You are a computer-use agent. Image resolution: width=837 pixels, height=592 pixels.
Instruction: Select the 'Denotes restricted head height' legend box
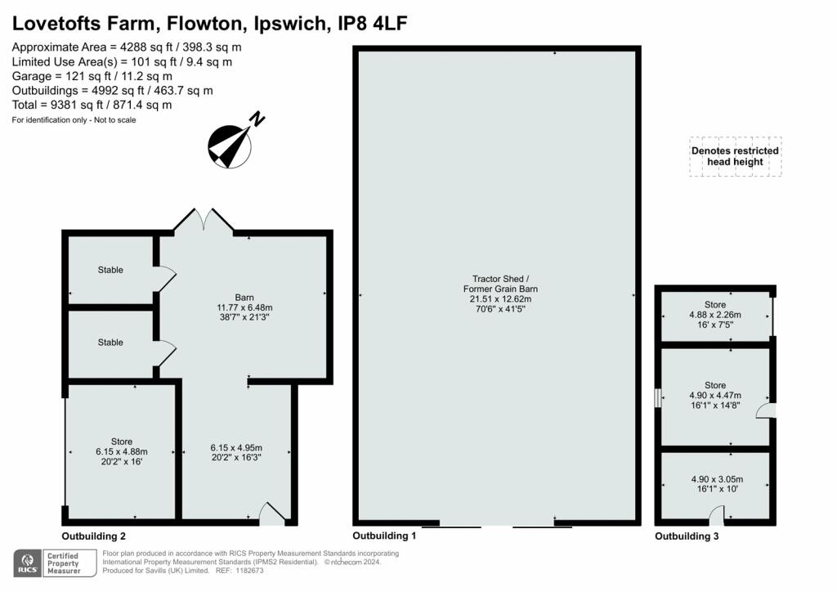[x=735, y=156]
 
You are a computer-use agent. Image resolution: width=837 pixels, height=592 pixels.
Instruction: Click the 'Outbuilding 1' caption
[x=384, y=536]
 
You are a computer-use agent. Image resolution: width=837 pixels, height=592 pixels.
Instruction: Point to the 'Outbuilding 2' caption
[x=93, y=536]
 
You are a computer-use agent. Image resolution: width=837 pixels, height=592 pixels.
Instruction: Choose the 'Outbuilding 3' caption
[x=687, y=536]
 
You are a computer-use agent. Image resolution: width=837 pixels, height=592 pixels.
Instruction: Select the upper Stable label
[x=110, y=270]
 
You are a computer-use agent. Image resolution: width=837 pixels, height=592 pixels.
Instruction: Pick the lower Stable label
[x=110, y=343]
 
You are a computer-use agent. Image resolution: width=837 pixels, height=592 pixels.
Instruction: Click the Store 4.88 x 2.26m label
[x=715, y=318]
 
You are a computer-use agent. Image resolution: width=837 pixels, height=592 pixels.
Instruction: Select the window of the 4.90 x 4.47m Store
[x=658, y=397]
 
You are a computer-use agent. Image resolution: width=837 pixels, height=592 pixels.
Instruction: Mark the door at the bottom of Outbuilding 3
[x=716, y=515]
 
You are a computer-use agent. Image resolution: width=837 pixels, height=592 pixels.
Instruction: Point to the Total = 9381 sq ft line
[x=92, y=105]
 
